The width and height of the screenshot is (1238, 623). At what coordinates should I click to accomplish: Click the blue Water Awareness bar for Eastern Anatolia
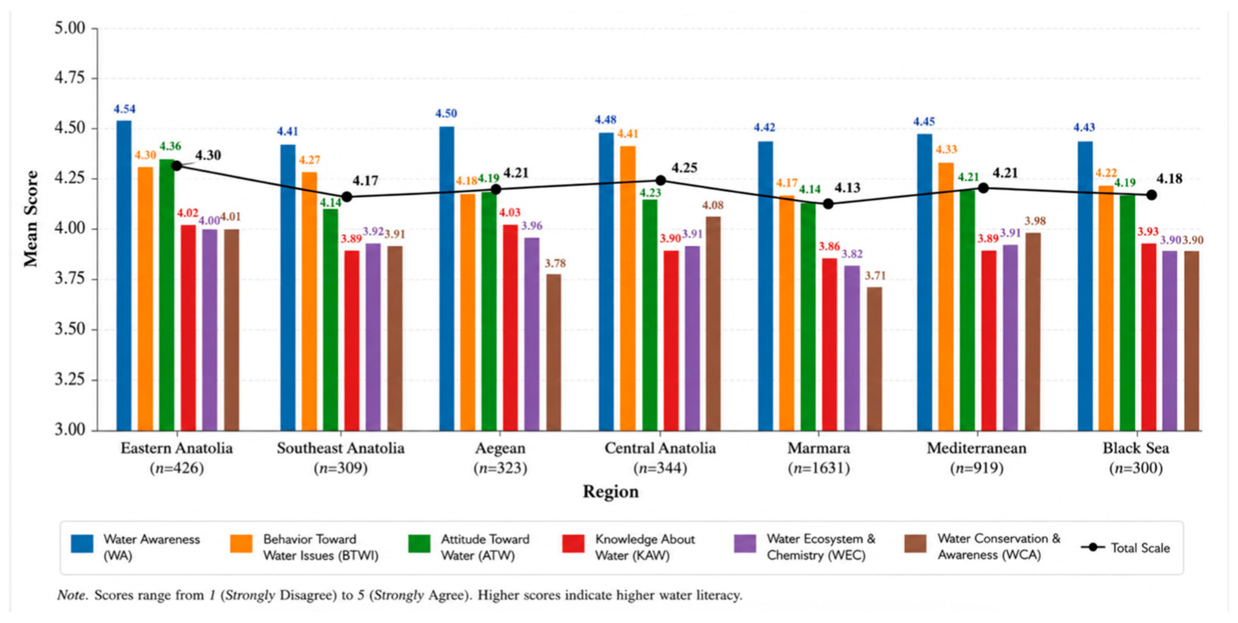click(x=124, y=276)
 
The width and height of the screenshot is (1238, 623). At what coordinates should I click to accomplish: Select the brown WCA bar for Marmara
click(x=874, y=359)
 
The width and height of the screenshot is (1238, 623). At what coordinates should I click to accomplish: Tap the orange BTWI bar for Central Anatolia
click(x=627, y=288)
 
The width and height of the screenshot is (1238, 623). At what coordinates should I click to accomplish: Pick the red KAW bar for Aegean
click(x=510, y=327)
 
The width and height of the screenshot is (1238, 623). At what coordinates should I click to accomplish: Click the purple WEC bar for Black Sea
click(x=1170, y=341)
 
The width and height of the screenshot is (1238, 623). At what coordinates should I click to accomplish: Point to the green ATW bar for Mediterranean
click(x=967, y=310)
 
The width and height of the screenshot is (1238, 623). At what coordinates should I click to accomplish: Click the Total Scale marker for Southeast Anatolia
click(x=347, y=197)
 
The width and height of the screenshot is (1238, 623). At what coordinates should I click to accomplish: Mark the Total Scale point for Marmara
click(x=828, y=204)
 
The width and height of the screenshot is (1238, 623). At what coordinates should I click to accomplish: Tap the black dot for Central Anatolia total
click(x=661, y=180)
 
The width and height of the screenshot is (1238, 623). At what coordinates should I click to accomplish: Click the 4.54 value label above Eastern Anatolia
click(x=125, y=109)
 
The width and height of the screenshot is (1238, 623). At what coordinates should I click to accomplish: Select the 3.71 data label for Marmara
click(x=875, y=276)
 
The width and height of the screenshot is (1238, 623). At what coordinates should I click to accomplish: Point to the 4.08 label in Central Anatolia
click(x=713, y=205)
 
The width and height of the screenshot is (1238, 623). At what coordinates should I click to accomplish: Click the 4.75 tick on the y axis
click(x=70, y=78)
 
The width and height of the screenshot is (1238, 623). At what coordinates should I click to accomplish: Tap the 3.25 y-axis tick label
click(x=70, y=380)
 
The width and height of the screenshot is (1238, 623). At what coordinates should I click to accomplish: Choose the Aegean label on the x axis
click(x=500, y=448)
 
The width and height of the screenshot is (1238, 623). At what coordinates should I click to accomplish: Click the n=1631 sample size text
click(x=819, y=468)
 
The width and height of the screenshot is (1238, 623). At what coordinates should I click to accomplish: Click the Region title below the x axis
click(x=611, y=491)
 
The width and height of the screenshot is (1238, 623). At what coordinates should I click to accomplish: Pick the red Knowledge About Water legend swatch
click(x=573, y=544)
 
